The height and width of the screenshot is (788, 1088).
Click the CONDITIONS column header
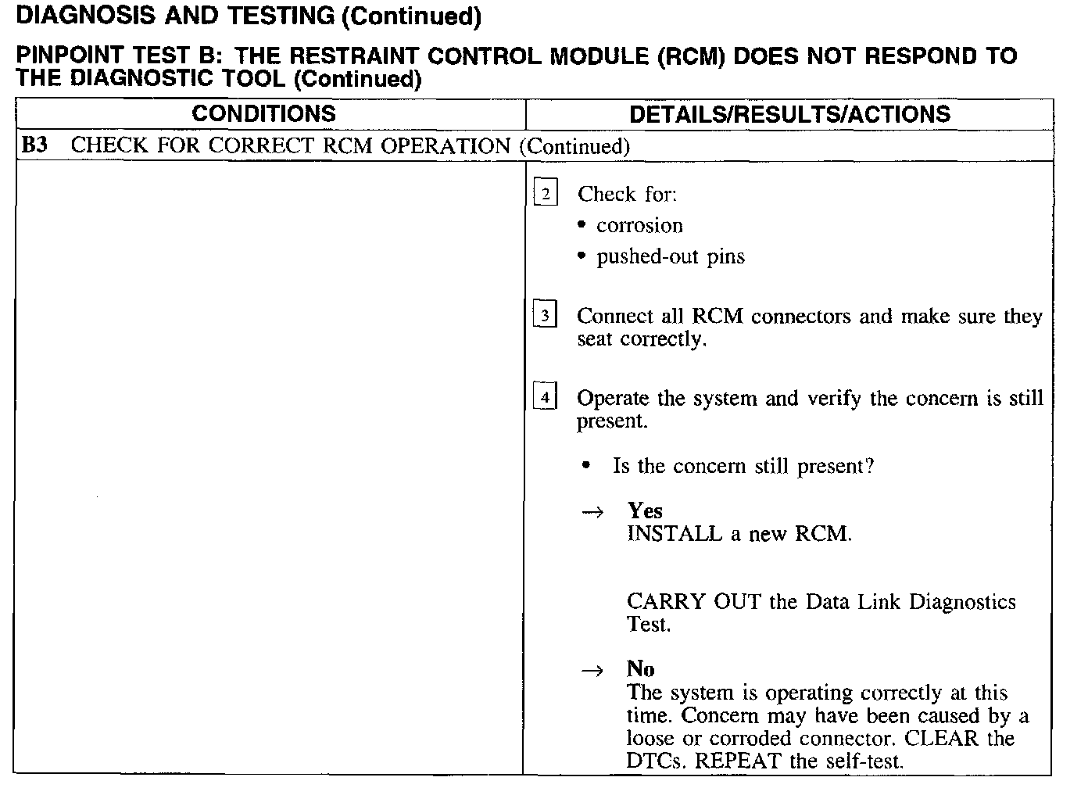pyautogui.click(x=263, y=114)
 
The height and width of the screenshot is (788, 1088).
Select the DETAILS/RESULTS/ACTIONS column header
pyautogui.click(x=789, y=114)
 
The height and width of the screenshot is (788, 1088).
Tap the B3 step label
pyautogui.click(x=34, y=145)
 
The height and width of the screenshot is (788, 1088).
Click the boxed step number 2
pyautogui.click(x=546, y=193)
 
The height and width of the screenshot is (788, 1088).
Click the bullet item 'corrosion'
pyautogui.click(x=639, y=226)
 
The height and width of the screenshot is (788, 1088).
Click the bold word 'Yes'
pyautogui.click(x=645, y=510)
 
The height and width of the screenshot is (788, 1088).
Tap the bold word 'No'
pyautogui.click(x=640, y=668)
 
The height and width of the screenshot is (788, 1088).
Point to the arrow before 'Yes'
pyautogui.click(x=593, y=512)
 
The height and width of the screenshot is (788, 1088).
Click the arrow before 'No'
pyautogui.click(x=593, y=671)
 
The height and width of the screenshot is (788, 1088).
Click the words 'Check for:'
pyautogui.click(x=627, y=194)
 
